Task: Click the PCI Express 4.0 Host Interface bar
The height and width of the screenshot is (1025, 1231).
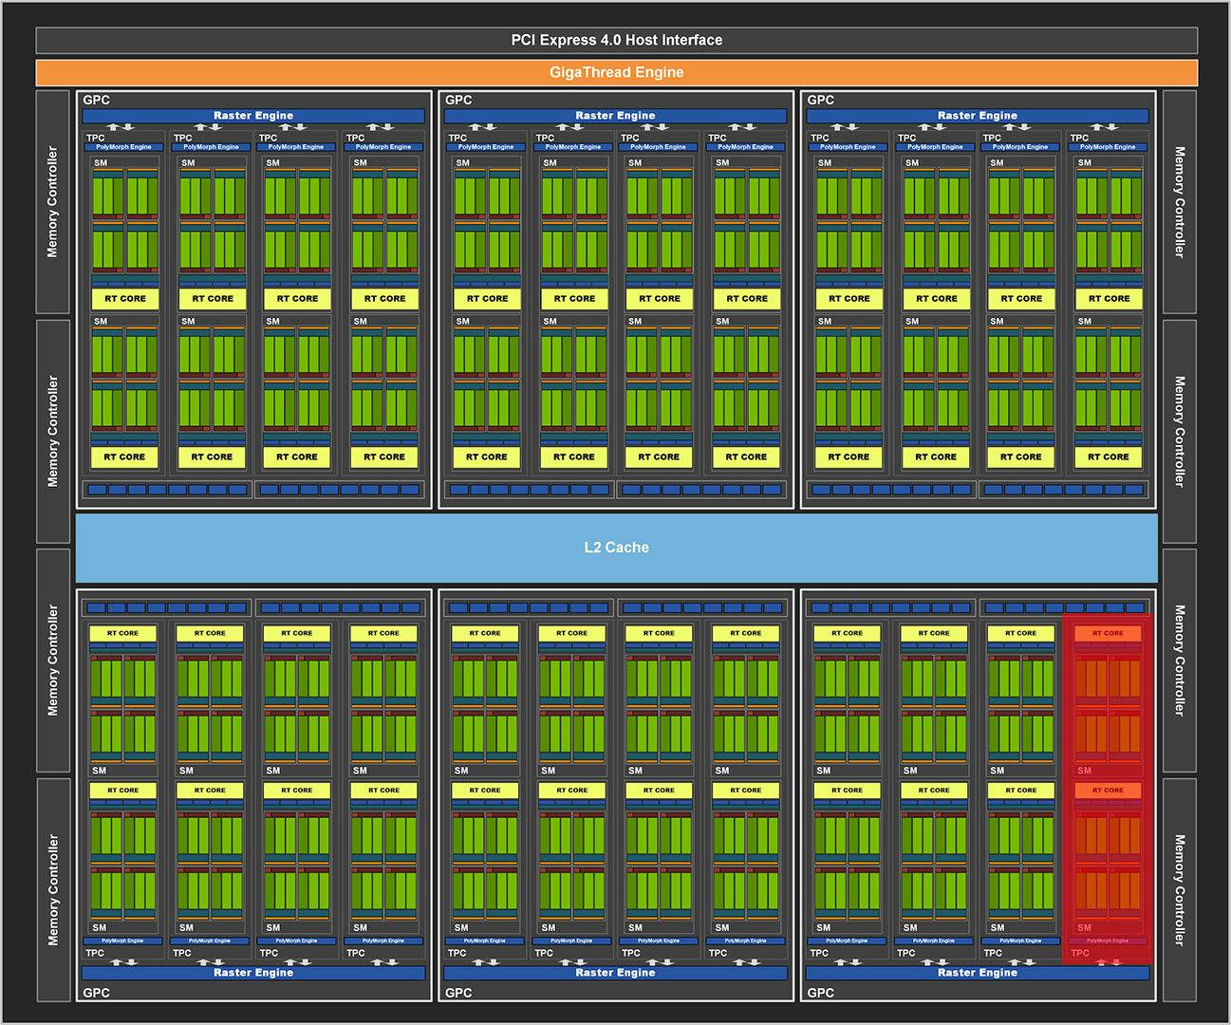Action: (x=616, y=40)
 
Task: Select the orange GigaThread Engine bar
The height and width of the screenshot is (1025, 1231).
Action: (x=616, y=72)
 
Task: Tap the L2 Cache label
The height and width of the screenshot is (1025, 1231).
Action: (x=616, y=548)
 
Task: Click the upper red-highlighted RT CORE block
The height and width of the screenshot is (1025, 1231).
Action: (x=1108, y=633)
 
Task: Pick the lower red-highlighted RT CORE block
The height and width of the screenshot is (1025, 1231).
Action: (x=1108, y=790)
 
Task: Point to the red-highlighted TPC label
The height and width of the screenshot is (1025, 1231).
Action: (x=1080, y=953)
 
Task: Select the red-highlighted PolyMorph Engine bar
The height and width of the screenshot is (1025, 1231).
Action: (x=1108, y=941)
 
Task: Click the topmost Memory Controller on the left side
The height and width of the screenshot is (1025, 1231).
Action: (x=52, y=202)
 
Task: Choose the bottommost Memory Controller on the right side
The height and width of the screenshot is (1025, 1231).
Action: (x=1179, y=889)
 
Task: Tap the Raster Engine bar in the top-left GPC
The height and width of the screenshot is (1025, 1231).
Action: (x=253, y=116)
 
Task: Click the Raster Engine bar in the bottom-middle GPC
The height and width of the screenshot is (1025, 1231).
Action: (x=615, y=973)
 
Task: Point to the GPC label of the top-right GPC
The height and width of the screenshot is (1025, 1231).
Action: (x=820, y=100)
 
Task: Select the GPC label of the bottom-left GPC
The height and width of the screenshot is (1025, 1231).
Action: (x=96, y=993)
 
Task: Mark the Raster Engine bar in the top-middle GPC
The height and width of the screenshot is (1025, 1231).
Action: (x=615, y=116)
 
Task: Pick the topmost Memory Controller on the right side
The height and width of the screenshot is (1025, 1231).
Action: (x=1179, y=202)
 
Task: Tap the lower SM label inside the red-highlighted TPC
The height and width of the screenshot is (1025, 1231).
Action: (x=1084, y=927)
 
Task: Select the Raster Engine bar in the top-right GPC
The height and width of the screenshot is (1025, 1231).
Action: (x=977, y=116)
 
